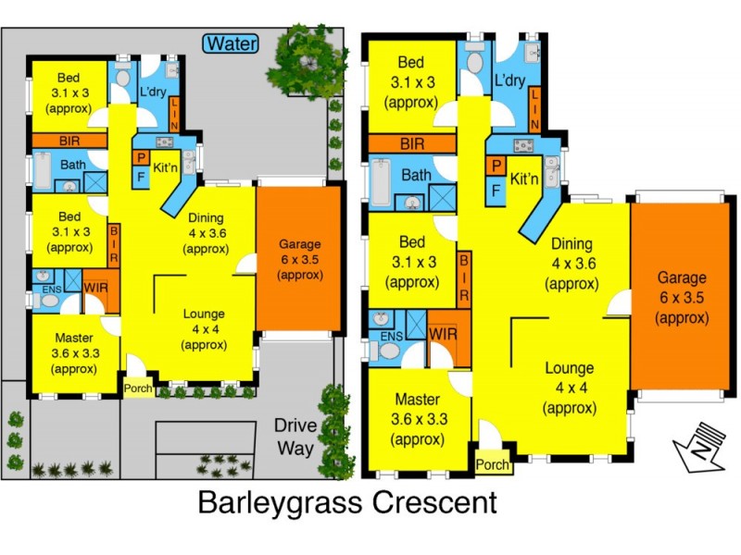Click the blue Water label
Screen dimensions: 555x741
[x=232, y=43]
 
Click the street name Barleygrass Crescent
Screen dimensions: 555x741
[x=347, y=504]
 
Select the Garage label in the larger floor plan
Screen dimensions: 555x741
[x=683, y=297]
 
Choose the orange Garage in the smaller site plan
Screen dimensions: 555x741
[x=299, y=259]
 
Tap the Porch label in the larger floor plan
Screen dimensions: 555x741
[x=493, y=464]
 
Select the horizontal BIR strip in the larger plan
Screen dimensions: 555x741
[x=411, y=144]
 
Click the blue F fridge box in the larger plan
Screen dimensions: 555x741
[x=496, y=191]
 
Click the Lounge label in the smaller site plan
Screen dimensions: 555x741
[x=205, y=327]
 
